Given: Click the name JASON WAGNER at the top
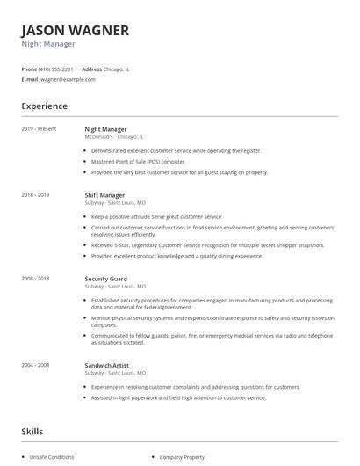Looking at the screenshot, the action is click(75, 30).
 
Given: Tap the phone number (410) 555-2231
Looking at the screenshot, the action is click(56, 69).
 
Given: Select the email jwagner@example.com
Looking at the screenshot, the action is click(68, 79).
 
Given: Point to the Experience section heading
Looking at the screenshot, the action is click(45, 106).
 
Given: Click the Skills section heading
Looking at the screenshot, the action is click(32, 432).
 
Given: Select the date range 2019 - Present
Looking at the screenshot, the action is click(39, 129).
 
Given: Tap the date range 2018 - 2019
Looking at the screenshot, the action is click(36, 194).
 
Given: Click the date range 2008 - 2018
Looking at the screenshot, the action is click(36, 278).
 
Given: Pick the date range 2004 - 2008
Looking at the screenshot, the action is click(36, 365).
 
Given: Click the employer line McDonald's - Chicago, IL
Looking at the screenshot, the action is click(114, 137).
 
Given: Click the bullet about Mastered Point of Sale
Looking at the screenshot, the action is click(139, 162).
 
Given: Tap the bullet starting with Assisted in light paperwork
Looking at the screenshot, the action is click(178, 397).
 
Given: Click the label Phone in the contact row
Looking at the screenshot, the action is click(29, 69).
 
